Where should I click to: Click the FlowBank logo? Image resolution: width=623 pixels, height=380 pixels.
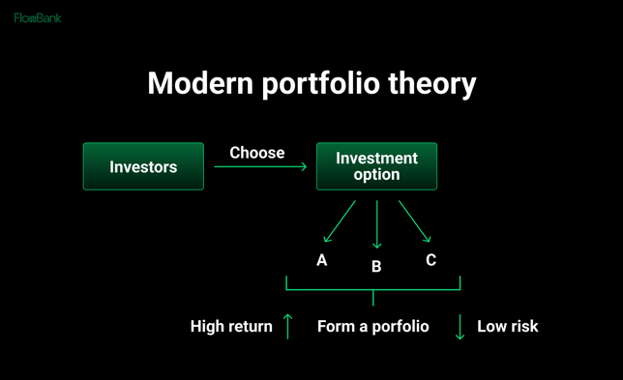(x=38, y=17)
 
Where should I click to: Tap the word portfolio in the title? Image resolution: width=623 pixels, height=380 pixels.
(x=320, y=84)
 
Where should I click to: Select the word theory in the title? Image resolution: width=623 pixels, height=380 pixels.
(x=431, y=84)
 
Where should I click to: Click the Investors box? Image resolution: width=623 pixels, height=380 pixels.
(x=143, y=166)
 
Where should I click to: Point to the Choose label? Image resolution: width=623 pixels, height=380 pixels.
(x=256, y=153)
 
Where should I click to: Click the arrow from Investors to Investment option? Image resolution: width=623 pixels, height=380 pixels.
(x=259, y=167)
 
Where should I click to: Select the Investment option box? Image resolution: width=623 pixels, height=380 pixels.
(x=376, y=166)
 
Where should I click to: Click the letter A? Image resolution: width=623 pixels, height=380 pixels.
(x=322, y=261)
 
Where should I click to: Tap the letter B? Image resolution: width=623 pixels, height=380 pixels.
(x=376, y=267)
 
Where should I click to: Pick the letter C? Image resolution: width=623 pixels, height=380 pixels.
(x=430, y=260)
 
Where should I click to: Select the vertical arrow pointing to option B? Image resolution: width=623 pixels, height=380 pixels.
(x=376, y=224)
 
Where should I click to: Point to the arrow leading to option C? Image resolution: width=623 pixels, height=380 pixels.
(x=414, y=221)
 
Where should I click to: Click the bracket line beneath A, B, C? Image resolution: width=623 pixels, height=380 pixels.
(x=372, y=289)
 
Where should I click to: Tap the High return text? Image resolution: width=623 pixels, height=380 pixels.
(x=231, y=327)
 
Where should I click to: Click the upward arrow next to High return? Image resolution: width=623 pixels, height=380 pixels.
(x=287, y=326)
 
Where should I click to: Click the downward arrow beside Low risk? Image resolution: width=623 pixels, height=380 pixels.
(x=460, y=327)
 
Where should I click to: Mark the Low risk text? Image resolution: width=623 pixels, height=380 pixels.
(x=507, y=327)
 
